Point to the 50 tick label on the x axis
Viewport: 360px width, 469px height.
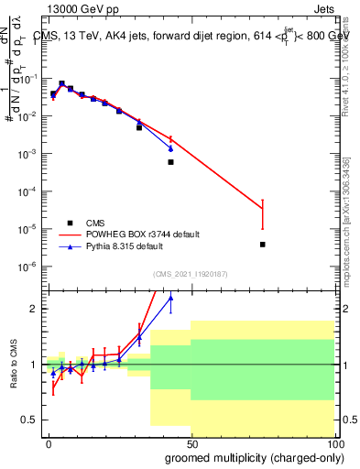(191, 442)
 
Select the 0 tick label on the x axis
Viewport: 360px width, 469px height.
(49, 442)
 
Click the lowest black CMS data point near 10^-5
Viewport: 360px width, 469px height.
(263, 245)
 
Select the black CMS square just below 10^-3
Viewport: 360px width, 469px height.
(170, 162)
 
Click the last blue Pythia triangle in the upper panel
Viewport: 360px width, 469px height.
(170, 147)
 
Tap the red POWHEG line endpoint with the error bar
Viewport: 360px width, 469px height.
(263, 210)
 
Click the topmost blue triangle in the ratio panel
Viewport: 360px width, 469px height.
(170, 298)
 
